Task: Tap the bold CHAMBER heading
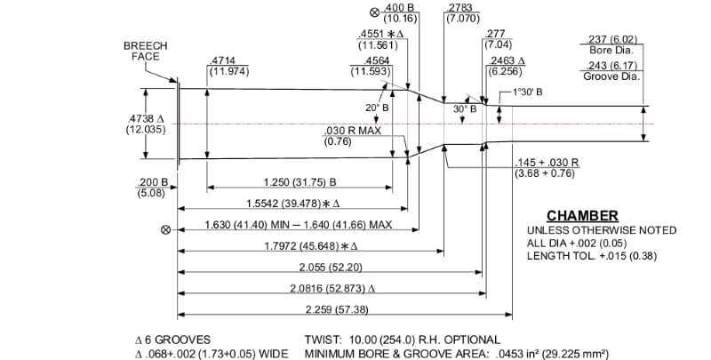pos(582,216)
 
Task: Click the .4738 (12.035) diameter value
pos(146,124)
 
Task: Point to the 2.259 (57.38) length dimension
pos(340,309)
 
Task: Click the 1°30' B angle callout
pos(529,92)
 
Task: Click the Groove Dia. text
pos(613,77)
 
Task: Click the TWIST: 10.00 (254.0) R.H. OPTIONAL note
pos(402,340)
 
